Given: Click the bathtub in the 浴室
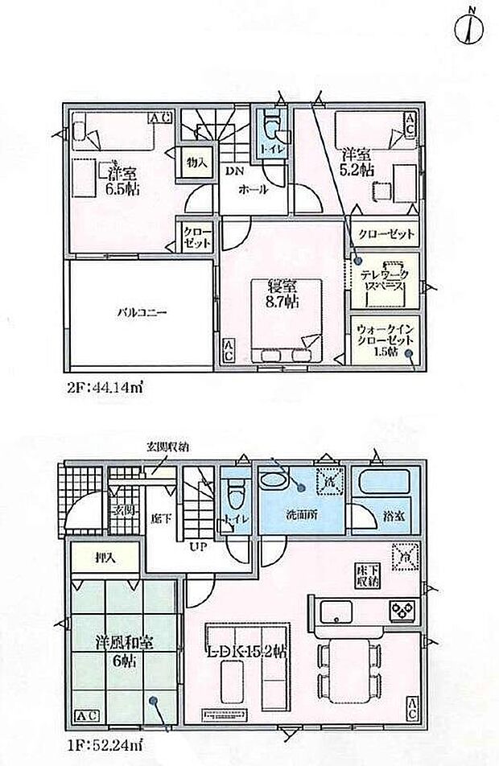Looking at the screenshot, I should point(383,485).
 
